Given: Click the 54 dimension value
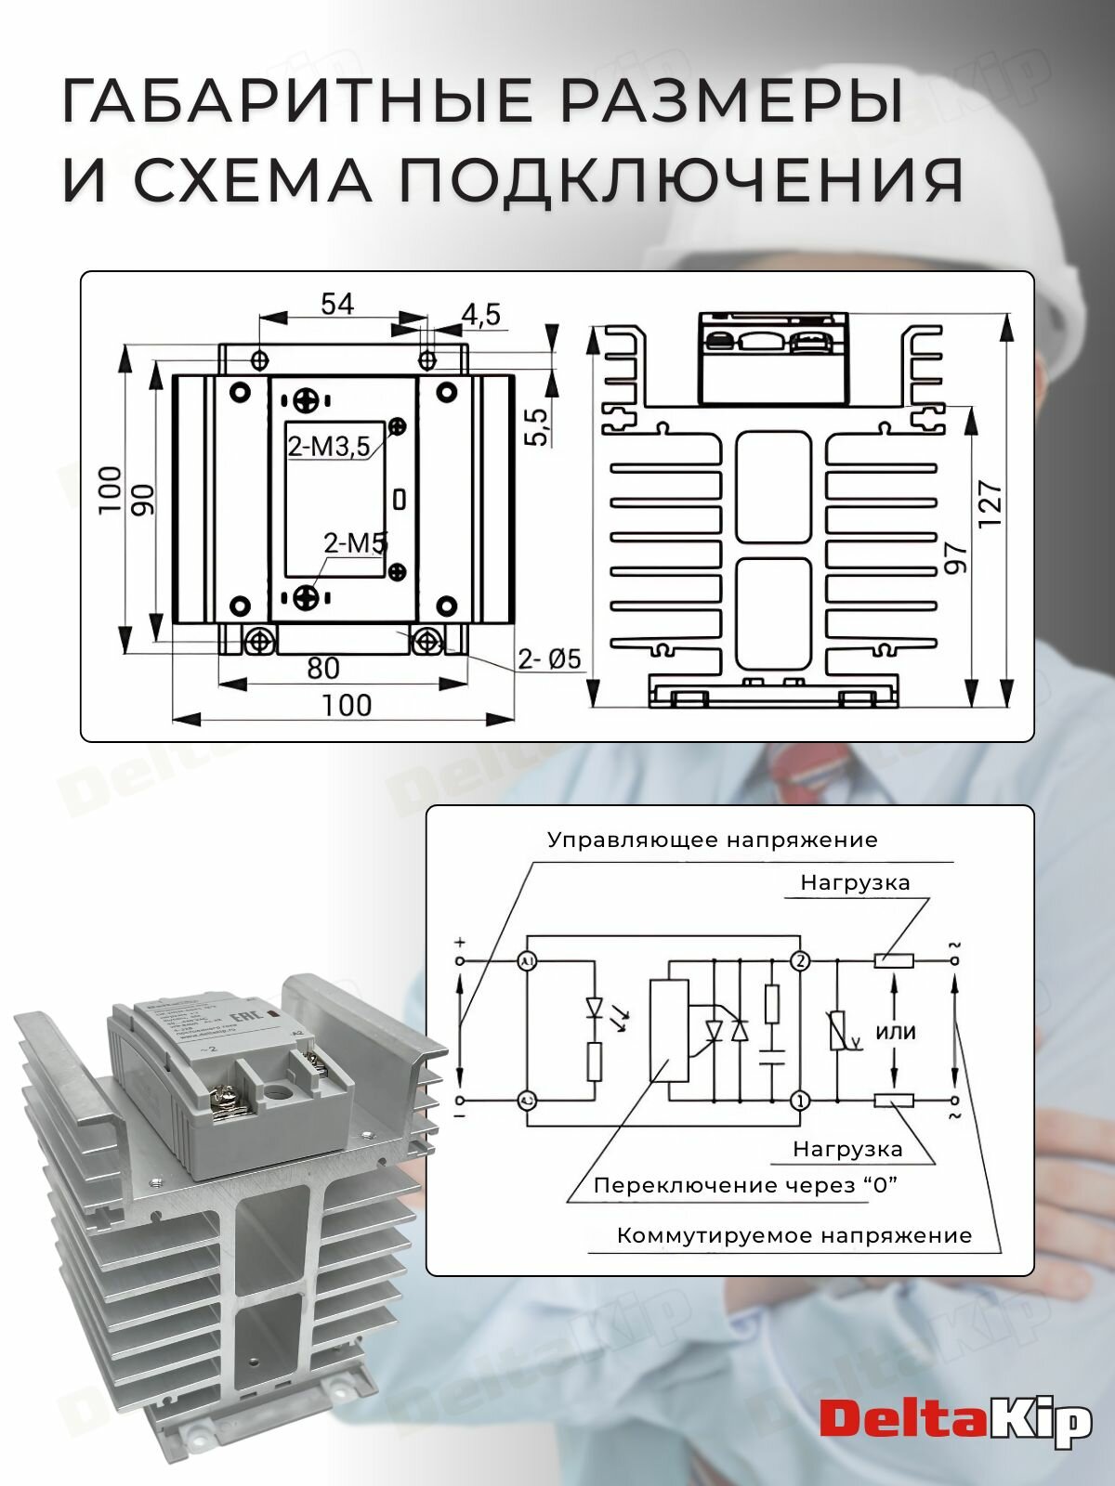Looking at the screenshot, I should click(x=337, y=304).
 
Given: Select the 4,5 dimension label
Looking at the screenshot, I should click(x=480, y=315).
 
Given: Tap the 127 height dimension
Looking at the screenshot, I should click(x=990, y=504).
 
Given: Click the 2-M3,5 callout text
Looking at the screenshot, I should click(x=329, y=448).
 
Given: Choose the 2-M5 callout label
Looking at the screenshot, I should click(x=355, y=543).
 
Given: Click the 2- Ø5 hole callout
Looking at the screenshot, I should click(x=549, y=659).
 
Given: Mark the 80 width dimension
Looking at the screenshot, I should click(x=322, y=668).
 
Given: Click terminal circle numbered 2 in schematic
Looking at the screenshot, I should click(x=800, y=961).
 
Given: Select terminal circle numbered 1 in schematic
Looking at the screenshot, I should click(x=800, y=1101).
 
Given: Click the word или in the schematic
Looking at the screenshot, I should click(x=895, y=1032).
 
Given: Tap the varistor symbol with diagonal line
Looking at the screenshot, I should click(x=839, y=1031).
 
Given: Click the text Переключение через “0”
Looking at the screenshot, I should click(x=745, y=1186).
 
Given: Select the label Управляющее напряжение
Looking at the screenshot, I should click(x=712, y=841).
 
